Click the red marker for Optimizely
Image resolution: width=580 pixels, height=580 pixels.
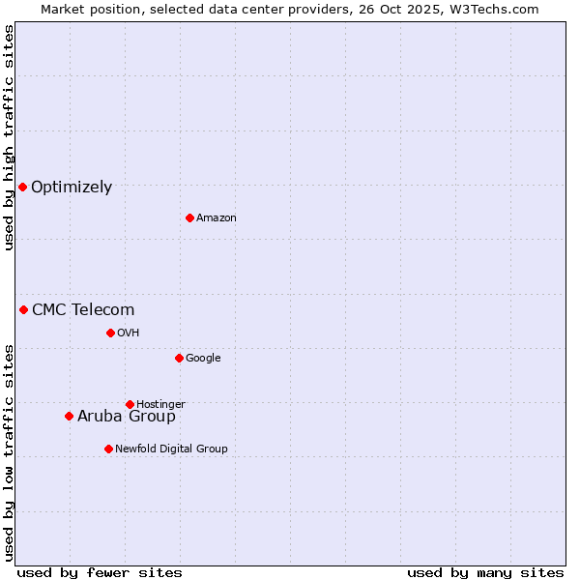tap(22, 187)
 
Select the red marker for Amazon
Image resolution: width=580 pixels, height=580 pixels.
tap(189, 217)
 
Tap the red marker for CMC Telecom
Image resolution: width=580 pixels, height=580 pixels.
tap(23, 309)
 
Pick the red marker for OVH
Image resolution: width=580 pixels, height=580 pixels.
tap(110, 333)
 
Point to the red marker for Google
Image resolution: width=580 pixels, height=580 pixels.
tap(179, 358)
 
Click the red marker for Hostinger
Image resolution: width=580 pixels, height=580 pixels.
tap(130, 404)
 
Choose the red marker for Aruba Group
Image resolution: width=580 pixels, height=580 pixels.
tap(69, 416)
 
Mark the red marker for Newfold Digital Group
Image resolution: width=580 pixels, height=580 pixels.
tap(108, 449)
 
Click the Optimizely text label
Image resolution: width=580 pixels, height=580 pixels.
tap(72, 188)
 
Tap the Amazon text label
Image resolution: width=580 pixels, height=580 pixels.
tap(217, 218)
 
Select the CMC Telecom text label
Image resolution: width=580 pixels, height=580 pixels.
tap(83, 310)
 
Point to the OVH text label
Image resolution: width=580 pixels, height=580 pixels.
tap(129, 333)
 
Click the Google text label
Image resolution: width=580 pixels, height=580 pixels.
tap(203, 359)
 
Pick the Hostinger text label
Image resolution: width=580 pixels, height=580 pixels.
tap(160, 405)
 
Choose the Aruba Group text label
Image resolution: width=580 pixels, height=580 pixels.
tap(127, 417)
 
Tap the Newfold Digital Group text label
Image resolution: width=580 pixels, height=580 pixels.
tap(171, 449)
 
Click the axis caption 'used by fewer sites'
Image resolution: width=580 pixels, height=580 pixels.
tap(100, 573)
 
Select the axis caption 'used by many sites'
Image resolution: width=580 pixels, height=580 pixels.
tap(485, 573)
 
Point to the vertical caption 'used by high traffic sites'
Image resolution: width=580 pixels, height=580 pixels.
tap(10, 137)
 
